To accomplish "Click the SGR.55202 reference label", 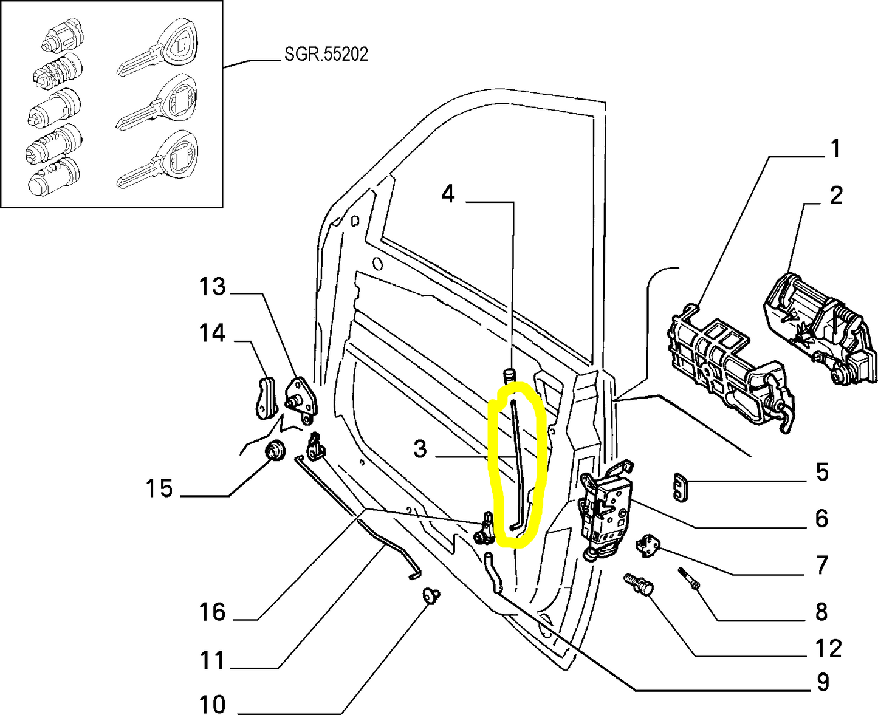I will [326, 55].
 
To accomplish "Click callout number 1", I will [835, 148].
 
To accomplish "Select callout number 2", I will [836, 196].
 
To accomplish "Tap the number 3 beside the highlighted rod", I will [420, 450].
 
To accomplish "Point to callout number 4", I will [448, 194].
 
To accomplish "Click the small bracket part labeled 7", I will [650, 544].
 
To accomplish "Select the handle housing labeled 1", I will [726, 364].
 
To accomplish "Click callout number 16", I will [212, 612].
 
